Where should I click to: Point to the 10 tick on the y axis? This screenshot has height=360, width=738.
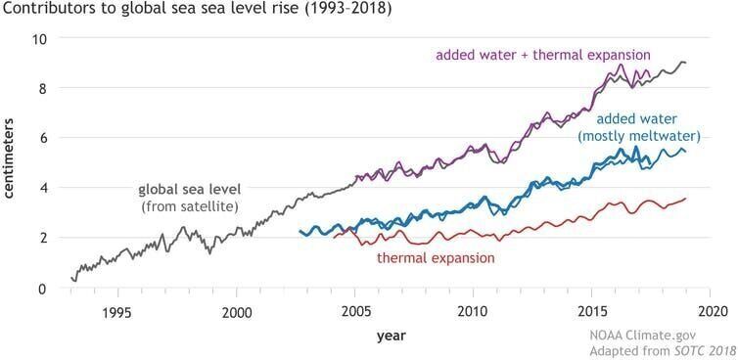click(x=41, y=38)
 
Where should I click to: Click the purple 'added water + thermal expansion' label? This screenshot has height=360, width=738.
click(x=543, y=54)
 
